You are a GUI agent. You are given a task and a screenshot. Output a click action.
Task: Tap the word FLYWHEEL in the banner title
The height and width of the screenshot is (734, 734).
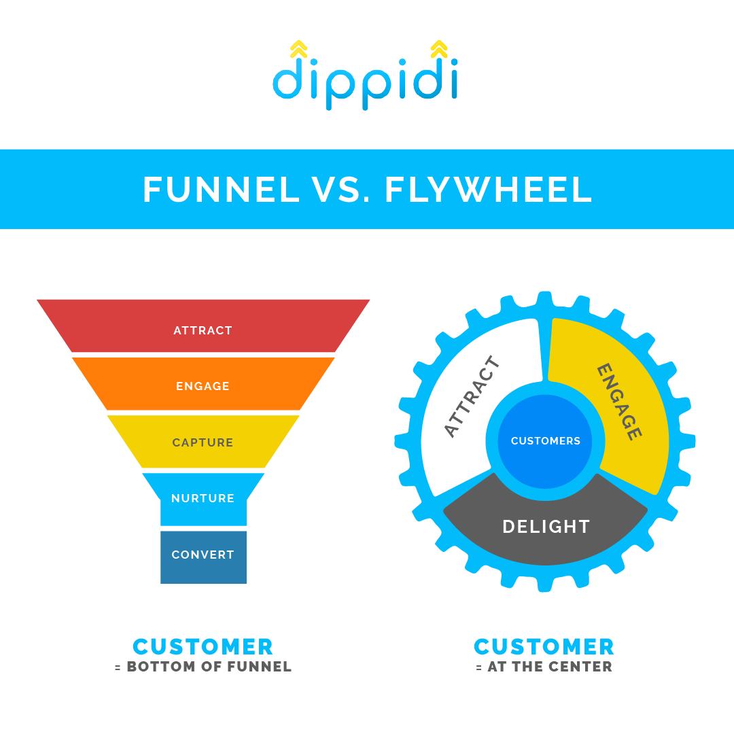(488, 190)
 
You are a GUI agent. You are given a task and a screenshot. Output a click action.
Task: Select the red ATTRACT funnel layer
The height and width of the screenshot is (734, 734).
(203, 326)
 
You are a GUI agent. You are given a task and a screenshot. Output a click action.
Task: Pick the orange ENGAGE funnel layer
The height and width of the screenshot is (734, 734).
(203, 384)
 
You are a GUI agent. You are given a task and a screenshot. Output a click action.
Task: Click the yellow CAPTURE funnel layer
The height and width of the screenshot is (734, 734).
(203, 442)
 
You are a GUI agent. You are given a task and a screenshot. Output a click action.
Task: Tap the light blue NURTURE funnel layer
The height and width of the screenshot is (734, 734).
(203, 499)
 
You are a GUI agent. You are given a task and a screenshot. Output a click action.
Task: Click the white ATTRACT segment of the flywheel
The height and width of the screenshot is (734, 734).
(469, 401)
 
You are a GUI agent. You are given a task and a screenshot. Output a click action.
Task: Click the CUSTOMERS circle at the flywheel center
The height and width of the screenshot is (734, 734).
(545, 441)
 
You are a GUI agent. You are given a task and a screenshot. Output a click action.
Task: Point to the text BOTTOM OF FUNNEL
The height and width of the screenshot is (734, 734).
(209, 667)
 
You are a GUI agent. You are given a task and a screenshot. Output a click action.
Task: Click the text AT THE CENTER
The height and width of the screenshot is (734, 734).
(550, 667)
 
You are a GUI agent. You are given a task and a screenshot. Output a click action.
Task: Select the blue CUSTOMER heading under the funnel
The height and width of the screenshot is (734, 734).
(203, 646)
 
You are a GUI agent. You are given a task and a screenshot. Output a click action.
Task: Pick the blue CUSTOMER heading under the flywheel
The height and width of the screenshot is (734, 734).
(544, 646)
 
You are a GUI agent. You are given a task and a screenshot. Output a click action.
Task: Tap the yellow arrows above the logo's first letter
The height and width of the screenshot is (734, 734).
(298, 50)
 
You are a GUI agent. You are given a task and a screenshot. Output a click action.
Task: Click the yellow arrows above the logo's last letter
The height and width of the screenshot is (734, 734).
(439, 50)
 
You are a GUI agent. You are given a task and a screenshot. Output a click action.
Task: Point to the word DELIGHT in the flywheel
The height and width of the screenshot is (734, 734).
(546, 527)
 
